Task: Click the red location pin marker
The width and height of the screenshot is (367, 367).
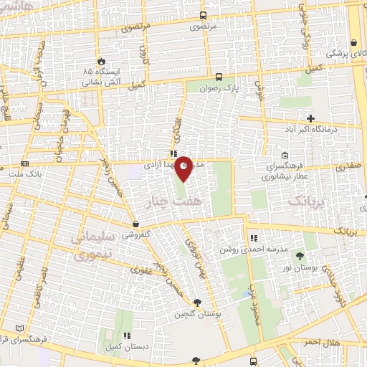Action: pos(184,169)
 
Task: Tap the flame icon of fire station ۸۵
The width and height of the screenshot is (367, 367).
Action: pos(101,61)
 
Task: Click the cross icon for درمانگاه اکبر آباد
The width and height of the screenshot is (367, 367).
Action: pos(310,118)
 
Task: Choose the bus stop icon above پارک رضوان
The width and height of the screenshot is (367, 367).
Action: pos(219,77)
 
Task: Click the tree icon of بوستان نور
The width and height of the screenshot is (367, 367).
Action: pos(300,256)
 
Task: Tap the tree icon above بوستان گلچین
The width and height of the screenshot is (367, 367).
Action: pos(196,302)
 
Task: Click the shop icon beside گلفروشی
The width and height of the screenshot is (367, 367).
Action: pos(135,224)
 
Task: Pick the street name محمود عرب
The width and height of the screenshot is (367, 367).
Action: pos(252,283)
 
